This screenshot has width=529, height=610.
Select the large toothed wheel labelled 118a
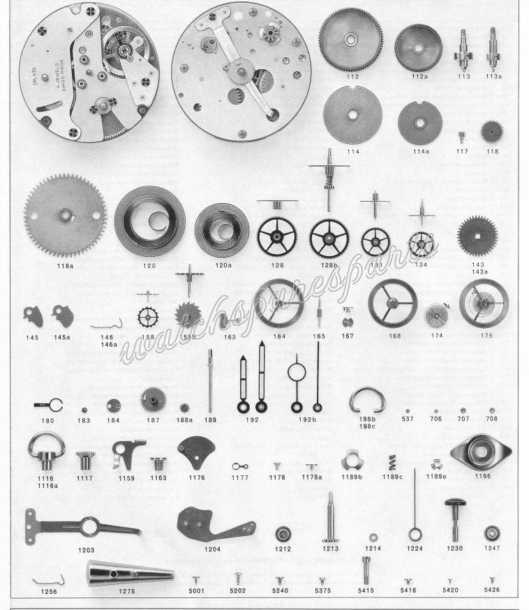[65, 216]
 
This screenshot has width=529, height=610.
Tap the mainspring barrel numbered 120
[149, 221]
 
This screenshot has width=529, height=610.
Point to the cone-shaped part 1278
[130, 574]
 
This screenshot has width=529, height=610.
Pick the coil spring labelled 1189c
[392, 462]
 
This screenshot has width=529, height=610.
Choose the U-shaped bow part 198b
[367, 400]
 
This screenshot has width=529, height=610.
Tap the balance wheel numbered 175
[484, 302]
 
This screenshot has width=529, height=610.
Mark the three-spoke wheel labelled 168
[392, 303]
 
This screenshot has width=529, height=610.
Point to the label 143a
[478, 273]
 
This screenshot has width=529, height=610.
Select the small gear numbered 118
[492, 132]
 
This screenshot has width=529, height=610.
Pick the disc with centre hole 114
[352, 116]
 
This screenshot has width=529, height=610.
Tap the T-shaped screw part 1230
[455, 519]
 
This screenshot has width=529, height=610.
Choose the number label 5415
[366, 590]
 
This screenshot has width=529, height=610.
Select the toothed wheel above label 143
[477, 235]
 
